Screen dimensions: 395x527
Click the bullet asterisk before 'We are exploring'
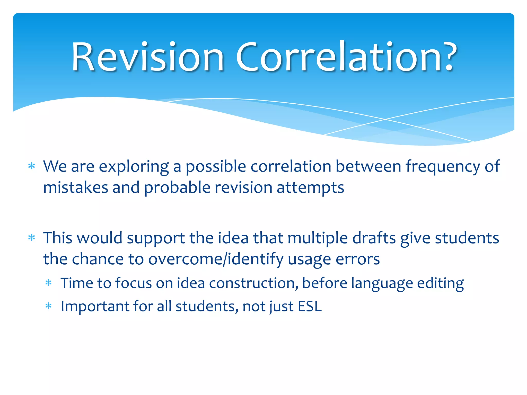pos(32,166)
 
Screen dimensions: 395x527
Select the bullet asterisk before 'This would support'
pos(32,238)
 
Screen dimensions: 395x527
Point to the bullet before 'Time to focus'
pos(49,283)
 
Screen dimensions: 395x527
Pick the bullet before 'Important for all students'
pos(49,306)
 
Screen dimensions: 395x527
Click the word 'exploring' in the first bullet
pos(134,167)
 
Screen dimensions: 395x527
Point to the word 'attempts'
pos(310,188)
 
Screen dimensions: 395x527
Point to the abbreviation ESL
pos(310,306)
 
